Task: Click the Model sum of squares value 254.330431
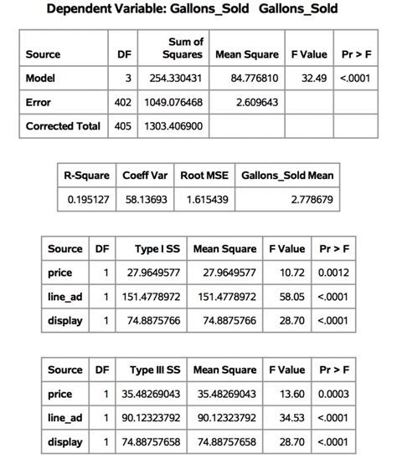(x=174, y=79)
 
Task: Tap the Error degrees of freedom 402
(x=124, y=102)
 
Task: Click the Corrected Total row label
(x=63, y=126)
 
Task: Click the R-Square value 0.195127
(x=88, y=201)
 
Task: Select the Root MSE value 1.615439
(x=205, y=201)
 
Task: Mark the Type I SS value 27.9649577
(x=156, y=273)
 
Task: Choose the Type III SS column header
(x=157, y=370)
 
